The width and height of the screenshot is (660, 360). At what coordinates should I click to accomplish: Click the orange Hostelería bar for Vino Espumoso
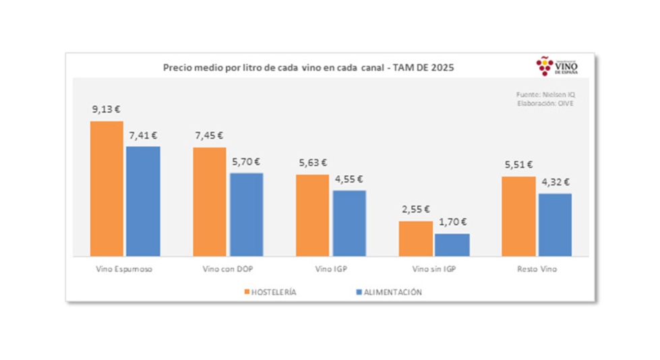(107, 189)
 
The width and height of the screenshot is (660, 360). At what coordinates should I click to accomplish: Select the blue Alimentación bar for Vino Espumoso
(143, 201)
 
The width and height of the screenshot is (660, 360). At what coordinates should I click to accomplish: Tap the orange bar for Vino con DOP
(210, 202)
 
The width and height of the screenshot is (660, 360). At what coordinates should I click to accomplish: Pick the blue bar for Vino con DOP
(246, 214)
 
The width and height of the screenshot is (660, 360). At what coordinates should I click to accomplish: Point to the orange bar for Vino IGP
(313, 215)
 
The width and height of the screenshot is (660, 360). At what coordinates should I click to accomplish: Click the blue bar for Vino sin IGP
(452, 245)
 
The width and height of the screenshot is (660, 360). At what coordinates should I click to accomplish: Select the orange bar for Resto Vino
(518, 216)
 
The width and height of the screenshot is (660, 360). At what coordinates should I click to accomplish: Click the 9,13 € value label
(107, 109)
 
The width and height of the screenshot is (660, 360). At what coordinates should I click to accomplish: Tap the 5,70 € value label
(246, 161)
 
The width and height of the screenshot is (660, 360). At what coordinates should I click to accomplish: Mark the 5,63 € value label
(313, 162)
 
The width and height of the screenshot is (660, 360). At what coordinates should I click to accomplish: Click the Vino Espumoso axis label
(124, 269)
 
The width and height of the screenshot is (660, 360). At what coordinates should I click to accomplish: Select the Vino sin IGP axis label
(433, 269)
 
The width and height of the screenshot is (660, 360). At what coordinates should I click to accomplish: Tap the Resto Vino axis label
(537, 269)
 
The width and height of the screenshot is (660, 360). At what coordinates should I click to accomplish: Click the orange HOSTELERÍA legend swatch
(246, 293)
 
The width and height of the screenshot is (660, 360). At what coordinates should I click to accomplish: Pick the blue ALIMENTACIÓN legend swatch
(357, 293)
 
